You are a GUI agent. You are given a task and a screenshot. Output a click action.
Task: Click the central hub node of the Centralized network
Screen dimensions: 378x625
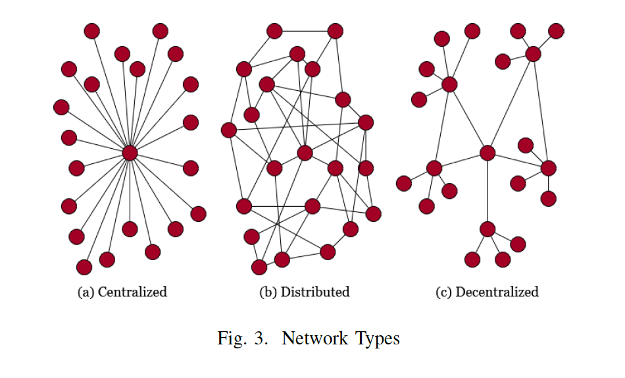click(130, 153)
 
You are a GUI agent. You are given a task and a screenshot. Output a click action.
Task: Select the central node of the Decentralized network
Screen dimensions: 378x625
click(488, 153)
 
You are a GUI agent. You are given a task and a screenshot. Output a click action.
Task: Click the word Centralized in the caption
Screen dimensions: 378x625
click(132, 292)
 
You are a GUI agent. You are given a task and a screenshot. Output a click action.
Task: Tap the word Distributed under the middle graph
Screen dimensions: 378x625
click(315, 292)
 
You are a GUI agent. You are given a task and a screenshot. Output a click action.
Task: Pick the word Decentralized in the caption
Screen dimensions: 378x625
click(497, 292)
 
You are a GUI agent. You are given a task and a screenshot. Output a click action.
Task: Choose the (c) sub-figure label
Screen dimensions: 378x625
click(443, 292)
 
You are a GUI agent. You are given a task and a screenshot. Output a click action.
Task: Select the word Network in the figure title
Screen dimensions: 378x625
click(311, 338)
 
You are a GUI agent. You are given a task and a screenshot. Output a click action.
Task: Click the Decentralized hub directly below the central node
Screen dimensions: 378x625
click(488, 229)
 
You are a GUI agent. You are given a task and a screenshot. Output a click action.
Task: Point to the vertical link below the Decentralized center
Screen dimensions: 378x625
click(488, 191)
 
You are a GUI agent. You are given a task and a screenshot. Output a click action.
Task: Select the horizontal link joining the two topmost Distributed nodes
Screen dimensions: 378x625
click(305, 31)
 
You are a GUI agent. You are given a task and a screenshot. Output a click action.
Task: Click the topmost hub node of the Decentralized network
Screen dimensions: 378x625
click(533, 54)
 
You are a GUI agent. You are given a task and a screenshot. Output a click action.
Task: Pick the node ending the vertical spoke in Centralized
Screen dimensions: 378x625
click(130, 229)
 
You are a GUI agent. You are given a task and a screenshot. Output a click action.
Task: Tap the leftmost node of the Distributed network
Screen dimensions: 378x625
click(229, 130)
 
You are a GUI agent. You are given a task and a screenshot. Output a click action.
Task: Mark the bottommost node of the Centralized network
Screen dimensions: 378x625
click(84, 267)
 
